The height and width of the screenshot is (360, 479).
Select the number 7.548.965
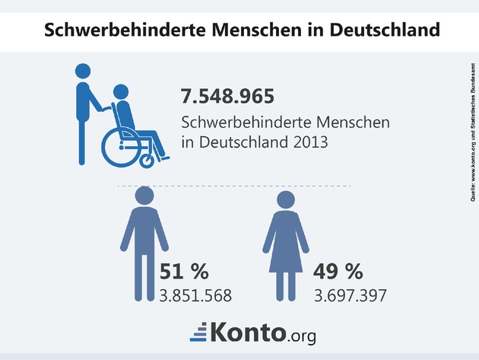click(x=227, y=97)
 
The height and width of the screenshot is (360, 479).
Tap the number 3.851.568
click(x=195, y=294)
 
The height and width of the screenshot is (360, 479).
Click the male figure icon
click(x=144, y=244)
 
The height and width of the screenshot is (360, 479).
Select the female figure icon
click(x=285, y=244)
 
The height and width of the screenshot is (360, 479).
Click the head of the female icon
click(x=285, y=201)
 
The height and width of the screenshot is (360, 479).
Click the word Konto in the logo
click(x=249, y=332)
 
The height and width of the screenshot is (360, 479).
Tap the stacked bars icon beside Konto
click(x=198, y=333)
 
